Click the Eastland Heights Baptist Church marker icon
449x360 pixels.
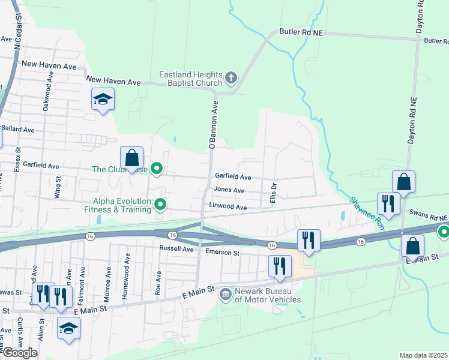(231, 77)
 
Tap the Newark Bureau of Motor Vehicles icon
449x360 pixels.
(226, 294)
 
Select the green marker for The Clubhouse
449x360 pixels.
(157, 169)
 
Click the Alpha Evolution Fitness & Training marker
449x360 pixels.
(160, 205)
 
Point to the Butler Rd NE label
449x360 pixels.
(301, 32)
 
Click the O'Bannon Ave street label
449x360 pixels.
(212, 124)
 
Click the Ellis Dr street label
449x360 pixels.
(274, 193)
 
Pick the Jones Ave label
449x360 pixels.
(229, 190)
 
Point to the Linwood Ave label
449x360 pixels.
(228, 207)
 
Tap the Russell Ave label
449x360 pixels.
(176, 248)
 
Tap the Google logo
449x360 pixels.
(20, 352)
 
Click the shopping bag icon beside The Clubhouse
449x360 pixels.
(132, 158)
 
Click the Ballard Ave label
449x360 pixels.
(18, 129)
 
